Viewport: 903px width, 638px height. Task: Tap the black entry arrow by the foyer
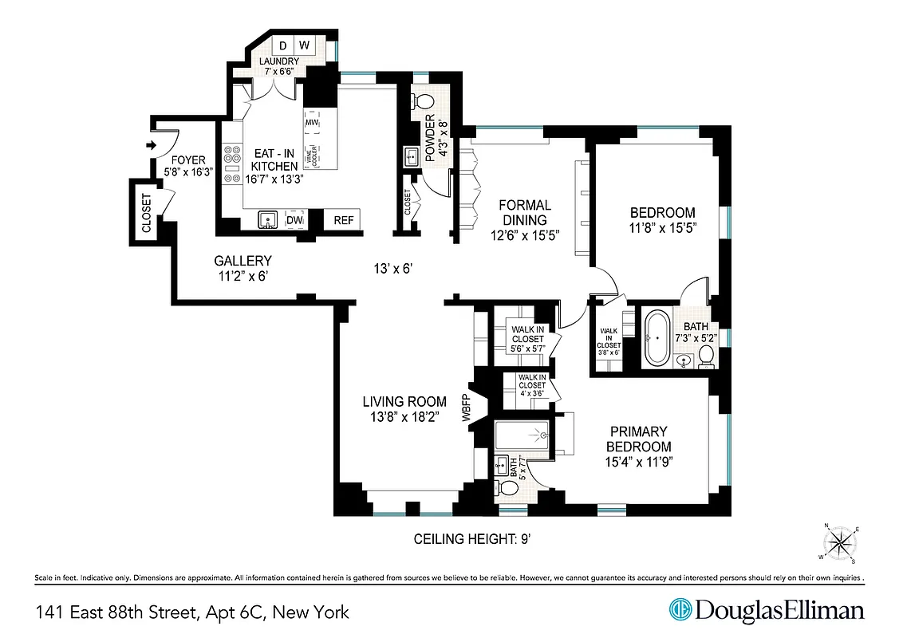click(x=151, y=145)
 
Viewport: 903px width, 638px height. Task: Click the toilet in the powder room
click(x=424, y=102)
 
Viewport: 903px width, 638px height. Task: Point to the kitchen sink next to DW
click(x=268, y=219)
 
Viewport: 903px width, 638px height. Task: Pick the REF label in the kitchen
click(x=343, y=219)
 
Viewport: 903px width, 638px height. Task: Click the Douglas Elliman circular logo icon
click(x=679, y=611)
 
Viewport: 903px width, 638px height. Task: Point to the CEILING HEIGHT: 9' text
click(x=472, y=539)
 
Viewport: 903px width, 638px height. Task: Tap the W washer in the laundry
click(x=305, y=45)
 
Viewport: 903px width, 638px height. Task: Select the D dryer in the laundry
click(x=282, y=45)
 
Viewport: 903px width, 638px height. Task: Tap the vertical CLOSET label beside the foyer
click(x=146, y=214)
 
